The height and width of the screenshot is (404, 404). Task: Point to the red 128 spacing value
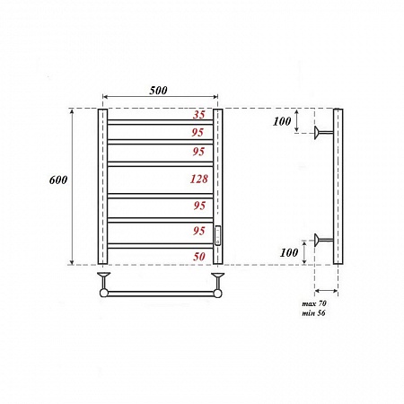click(x=199, y=179)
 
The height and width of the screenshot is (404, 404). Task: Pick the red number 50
click(x=201, y=257)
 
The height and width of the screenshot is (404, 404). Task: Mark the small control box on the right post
click(x=217, y=234)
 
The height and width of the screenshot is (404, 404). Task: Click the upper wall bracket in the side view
click(x=320, y=135)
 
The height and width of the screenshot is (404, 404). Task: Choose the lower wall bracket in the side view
click(x=320, y=239)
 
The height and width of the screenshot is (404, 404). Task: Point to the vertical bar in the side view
click(x=337, y=187)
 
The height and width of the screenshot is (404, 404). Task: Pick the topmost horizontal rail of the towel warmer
click(x=160, y=121)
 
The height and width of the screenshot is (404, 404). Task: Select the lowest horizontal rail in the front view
click(x=160, y=245)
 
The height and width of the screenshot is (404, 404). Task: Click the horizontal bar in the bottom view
click(x=160, y=293)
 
